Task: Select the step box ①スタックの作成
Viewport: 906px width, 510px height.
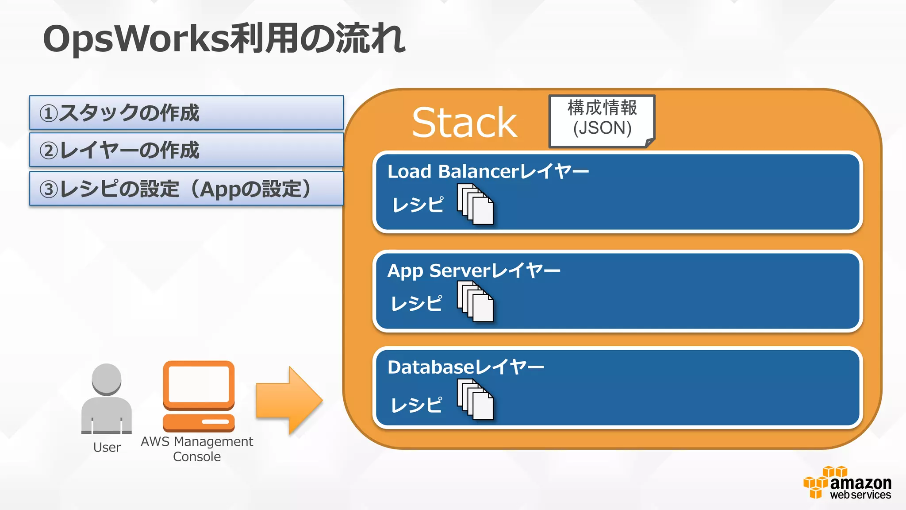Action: [186, 112]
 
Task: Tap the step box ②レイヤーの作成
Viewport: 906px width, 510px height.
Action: [186, 150]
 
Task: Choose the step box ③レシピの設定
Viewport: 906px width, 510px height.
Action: [186, 189]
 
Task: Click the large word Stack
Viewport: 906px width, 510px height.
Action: [464, 123]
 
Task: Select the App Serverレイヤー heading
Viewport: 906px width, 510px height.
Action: [473, 270]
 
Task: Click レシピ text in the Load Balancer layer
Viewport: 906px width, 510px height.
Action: [418, 205]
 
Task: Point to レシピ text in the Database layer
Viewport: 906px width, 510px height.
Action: [416, 405]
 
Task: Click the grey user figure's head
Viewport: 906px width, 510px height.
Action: [107, 379]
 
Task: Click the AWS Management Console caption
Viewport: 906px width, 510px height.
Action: [197, 449]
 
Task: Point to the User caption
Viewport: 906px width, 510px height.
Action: [107, 448]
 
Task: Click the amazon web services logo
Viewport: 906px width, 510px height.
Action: [847, 483]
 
